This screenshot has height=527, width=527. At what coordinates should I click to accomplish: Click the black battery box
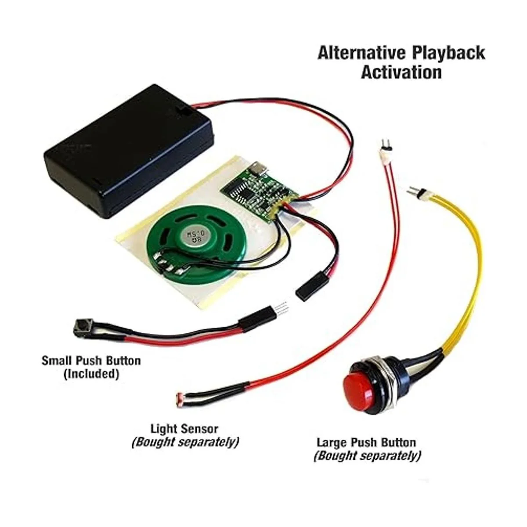(127, 152)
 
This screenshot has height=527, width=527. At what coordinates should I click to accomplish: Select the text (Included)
(91, 374)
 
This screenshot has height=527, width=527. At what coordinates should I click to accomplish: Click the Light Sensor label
(184, 428)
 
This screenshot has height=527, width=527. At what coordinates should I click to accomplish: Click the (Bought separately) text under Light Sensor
(185, 442)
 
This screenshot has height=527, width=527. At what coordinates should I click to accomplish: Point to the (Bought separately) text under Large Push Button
(367, 456)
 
